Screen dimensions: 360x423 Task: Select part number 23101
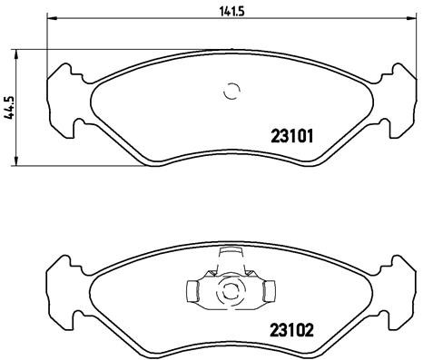pyautogui.click(x=292, y=139)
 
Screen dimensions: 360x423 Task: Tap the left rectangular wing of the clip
pyautogui.click(x=193, y=292)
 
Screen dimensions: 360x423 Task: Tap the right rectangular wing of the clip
pyautogui.click(x=267, y=292)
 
